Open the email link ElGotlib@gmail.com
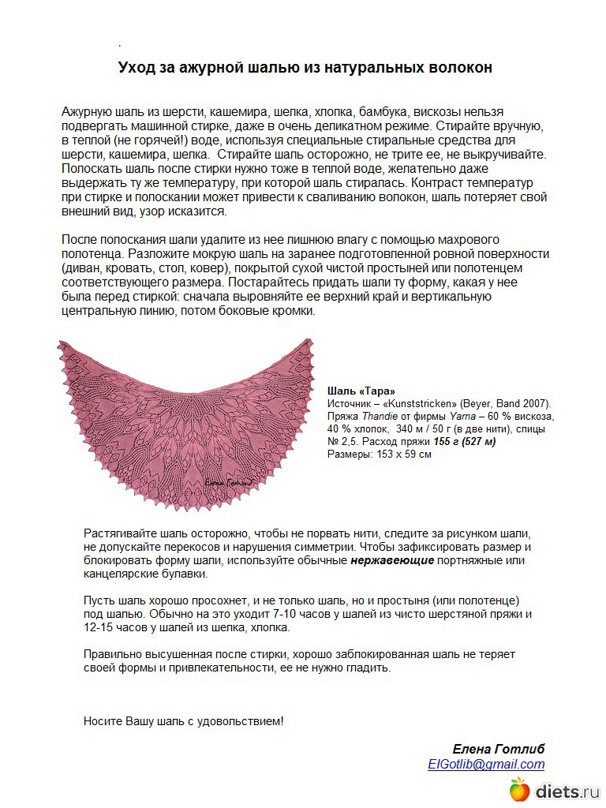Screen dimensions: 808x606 (486, 764)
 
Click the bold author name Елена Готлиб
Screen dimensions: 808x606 (498, 749)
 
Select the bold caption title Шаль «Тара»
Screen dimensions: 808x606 (361, 391)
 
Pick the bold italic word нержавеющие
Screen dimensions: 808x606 (392, 561)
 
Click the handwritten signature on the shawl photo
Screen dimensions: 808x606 (229, 479)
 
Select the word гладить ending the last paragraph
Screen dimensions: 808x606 (368, 668)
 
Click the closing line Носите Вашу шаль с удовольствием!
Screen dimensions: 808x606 (183, 721)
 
